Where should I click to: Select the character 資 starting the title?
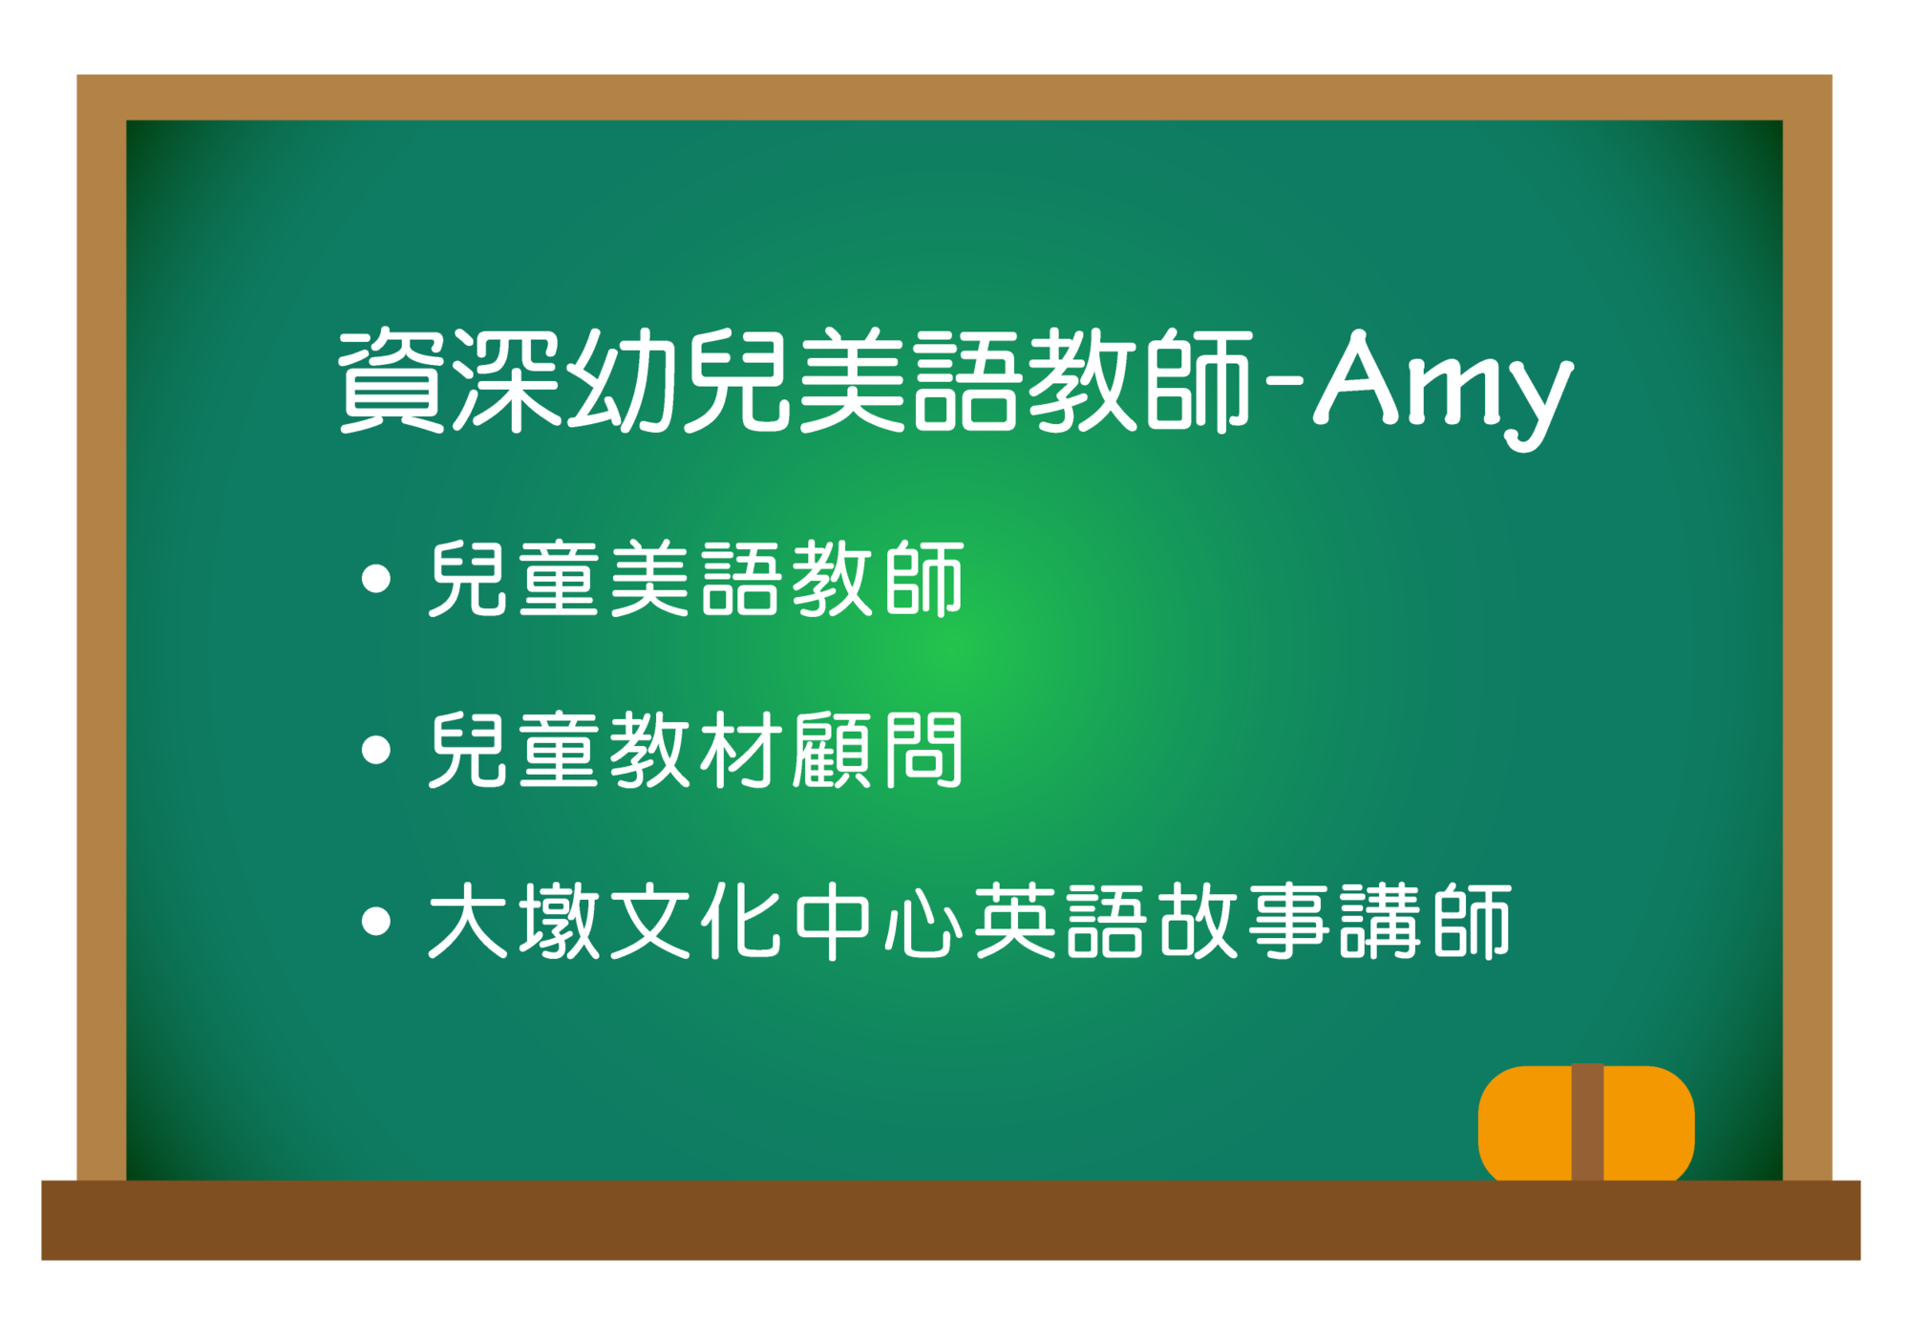point(392,380)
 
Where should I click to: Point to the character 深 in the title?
point(506,380)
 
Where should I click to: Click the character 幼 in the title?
point(622,380)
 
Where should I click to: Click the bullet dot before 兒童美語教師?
point(377,579)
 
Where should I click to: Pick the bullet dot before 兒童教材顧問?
point(377,750)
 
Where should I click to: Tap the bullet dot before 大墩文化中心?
point(377,921)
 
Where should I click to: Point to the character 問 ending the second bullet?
point(923,750)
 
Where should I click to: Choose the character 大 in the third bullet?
point(467,921)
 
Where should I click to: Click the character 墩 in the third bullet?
point(559,921)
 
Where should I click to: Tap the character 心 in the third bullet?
point(923,921)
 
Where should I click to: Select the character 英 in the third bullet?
point(1014,921)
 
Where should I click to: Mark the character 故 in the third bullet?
point(1198,921)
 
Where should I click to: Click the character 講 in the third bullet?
point(1380,921)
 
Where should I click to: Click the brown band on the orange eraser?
point(1587,1123)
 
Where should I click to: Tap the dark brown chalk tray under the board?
point(951,1221)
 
